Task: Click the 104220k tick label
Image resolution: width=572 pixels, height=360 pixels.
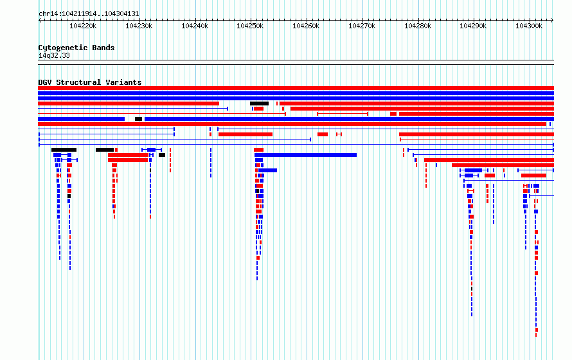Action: (x=83, y=26)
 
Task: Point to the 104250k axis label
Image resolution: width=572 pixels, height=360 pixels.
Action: (x=250, y=26)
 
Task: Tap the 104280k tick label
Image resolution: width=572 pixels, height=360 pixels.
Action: (x=418, y=26)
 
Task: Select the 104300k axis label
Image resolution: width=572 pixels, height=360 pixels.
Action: (x=528, y=26)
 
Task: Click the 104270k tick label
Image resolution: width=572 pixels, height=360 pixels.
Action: (x=362, y=26)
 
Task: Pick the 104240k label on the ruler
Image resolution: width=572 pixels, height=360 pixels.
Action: (x=195, y=26)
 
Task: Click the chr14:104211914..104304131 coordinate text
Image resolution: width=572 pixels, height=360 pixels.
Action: (x=89, y=14)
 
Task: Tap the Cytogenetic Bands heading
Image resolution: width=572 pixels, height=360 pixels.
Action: (x=76, y=48)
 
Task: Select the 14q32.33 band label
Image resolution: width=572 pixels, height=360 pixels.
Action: (x=54, y=55)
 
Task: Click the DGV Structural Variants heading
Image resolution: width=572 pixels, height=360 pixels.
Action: (x=90, y=82)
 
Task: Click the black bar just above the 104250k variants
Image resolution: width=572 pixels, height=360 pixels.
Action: (x=260, y=104)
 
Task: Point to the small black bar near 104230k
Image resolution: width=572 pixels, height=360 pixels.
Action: (x=138, y=119)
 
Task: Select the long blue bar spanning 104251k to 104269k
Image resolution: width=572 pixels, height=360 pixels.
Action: (x=306, y=155)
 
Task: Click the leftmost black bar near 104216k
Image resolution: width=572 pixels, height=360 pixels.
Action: (x=64, y=150)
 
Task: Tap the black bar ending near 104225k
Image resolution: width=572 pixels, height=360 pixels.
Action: (x=105, y=150)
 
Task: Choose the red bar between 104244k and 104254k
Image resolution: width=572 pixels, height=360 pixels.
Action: (x=246, y=134)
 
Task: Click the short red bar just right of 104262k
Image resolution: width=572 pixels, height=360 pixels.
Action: (x=323, y=134)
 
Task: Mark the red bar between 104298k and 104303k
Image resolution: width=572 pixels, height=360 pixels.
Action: (x=533, y=175)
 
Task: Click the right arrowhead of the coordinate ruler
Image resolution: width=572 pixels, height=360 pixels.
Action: (x=552, y=21)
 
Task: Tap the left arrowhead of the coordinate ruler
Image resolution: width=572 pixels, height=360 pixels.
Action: (x=40, y=21)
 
